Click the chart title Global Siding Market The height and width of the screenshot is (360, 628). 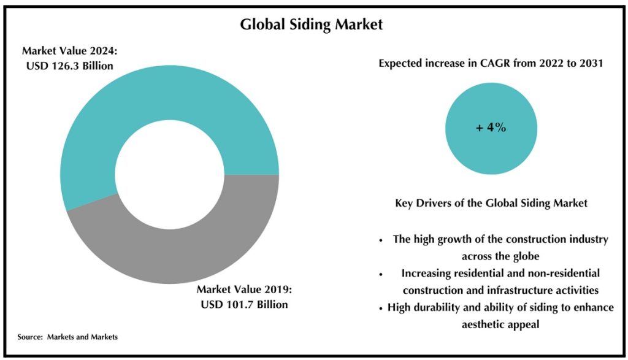point(311,25)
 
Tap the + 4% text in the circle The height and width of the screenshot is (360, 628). point(491,128)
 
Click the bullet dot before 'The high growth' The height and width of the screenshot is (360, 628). point(381,240)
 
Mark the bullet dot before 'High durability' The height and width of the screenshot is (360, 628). point(381,308)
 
